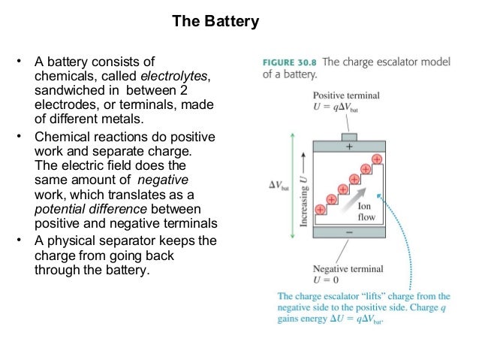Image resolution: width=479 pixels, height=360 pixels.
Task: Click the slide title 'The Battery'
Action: pyautogui.click(x=215, y=22)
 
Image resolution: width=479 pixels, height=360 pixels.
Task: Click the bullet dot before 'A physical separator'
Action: pyautogui.click(x=22, y=240)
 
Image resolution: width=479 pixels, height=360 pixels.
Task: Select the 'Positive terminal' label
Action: pyautogui.click(x=346, y=95)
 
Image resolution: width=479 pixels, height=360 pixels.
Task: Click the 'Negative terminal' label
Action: pyautogui.click(x=348, y=269)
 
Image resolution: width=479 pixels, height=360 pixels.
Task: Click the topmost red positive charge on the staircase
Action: pyautogui.click(x=376, y=159)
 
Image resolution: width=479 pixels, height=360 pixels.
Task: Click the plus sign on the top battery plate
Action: pyautogui.click(x=348, y=149)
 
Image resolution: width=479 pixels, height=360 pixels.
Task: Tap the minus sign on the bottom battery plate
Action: pyautogui.click(x=348, y=234)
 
